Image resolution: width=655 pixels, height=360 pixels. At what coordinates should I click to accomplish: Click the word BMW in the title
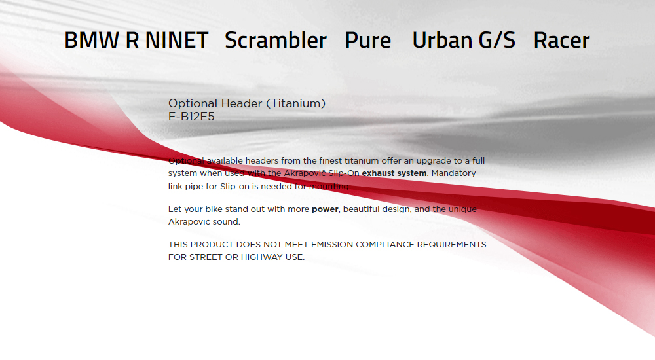click(x=92, y=41)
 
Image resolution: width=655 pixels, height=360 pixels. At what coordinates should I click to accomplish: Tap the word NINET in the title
click(x=177, y=41)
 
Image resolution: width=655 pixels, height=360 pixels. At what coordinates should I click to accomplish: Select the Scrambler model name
click(x=276, y=40)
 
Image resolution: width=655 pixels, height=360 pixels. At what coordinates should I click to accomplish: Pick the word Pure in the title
click(x=368, y=41)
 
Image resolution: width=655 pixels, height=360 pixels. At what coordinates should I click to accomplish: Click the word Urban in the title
click(x=442, y=40)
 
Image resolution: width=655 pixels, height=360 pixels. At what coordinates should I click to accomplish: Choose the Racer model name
click(x=562, y=41)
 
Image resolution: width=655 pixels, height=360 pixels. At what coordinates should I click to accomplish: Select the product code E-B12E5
click(x=191, y=117)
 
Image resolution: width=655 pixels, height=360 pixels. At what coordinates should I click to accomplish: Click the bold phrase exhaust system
click(x=394, y=173)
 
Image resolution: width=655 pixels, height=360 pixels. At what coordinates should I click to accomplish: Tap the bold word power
click(x=325, y=209)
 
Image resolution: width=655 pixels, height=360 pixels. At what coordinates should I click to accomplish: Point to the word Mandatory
click(x=454, y=173)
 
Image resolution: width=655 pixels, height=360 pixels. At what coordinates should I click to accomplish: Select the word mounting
click(x=330, y=187)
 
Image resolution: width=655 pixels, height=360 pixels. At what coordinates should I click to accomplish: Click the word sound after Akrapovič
click(x=227, y=222)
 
